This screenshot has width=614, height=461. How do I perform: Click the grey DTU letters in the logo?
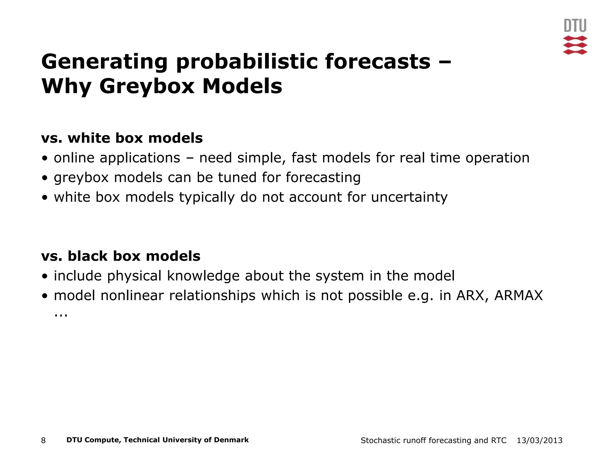coord(575,26)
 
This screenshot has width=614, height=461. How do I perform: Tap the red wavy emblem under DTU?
coord(575,45)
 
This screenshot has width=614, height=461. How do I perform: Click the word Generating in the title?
coord(104,62)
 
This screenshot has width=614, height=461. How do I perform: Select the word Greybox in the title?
coord(147,86)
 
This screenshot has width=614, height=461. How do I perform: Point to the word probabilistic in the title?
coord(246,62)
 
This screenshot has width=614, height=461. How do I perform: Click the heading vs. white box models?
coord(122,138)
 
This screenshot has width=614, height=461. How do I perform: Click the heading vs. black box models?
coord(121,256)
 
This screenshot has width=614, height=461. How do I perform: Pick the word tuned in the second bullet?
coord(237,177)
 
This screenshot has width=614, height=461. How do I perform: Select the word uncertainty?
coord(409,197)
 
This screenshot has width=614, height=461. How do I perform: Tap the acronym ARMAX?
coord(518,296)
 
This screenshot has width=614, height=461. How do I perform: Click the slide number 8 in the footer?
coord(43,441)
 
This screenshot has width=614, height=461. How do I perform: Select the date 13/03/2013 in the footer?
coord(539,441)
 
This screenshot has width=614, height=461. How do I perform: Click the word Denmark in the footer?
coord(231,440)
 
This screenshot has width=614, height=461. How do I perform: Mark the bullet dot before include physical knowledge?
coord(45,276)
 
